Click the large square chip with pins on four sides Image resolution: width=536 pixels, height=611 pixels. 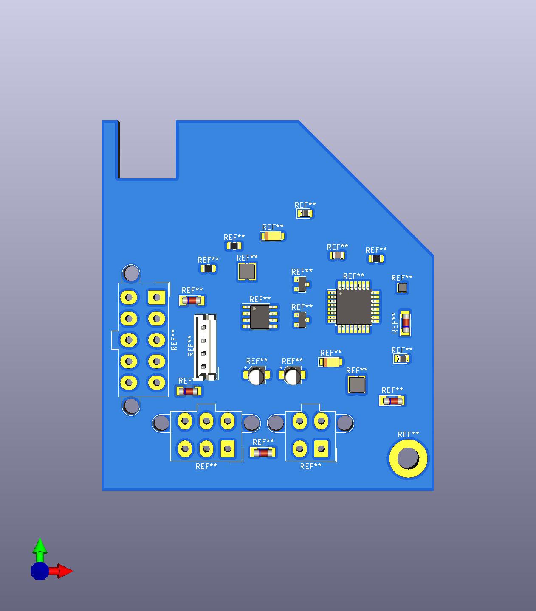coord(353,307)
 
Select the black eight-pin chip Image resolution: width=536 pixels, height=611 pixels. coord(260,317)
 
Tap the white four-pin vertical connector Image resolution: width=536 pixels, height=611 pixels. coord(205,347)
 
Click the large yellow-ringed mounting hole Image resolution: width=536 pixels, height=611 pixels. coord(408,458)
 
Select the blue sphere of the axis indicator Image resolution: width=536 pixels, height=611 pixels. coord(39,571)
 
